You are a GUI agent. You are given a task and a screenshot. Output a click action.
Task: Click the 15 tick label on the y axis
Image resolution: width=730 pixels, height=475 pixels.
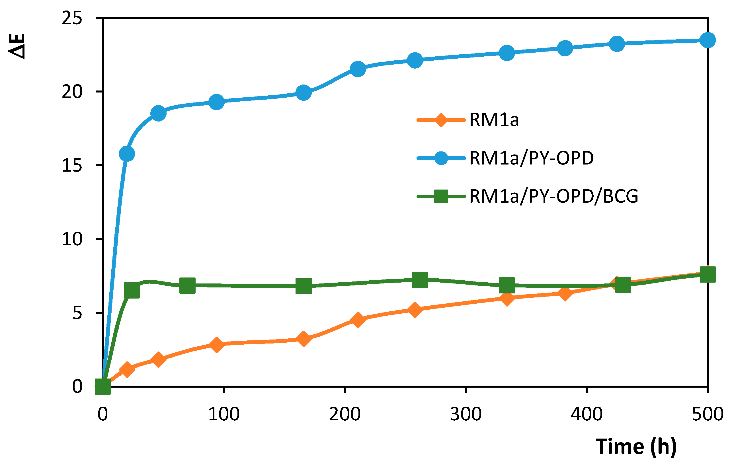click(72, 166)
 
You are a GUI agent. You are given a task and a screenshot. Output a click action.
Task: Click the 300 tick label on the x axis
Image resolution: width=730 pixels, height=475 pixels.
click(466, 414)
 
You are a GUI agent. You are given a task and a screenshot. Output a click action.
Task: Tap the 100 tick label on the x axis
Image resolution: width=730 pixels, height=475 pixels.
click(223, 414)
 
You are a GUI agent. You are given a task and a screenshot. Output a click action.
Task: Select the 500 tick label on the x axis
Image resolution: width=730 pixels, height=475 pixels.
click(707, 414)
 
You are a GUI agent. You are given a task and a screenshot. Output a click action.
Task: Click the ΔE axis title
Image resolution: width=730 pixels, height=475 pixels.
click(17, 46)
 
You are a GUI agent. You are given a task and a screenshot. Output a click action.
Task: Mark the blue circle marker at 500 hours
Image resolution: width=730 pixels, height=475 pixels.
click(708, 40)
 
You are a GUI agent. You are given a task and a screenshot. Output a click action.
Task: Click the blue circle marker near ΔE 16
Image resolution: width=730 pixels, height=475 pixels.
click(127, 154)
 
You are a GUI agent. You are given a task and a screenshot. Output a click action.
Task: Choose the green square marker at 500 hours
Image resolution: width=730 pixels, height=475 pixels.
click(708, 274)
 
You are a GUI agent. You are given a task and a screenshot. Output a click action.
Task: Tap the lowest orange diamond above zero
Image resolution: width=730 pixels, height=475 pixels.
click(127, 369)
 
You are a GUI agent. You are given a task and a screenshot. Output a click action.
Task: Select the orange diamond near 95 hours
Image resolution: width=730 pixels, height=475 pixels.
click(217, 345)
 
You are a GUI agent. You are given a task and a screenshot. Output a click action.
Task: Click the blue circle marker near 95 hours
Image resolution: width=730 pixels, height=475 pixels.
click(217, 102)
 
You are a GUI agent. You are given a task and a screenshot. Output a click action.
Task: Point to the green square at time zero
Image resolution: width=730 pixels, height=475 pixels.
click(103, 387)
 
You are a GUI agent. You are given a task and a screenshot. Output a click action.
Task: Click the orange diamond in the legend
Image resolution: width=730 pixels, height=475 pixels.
click(441, 120)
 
